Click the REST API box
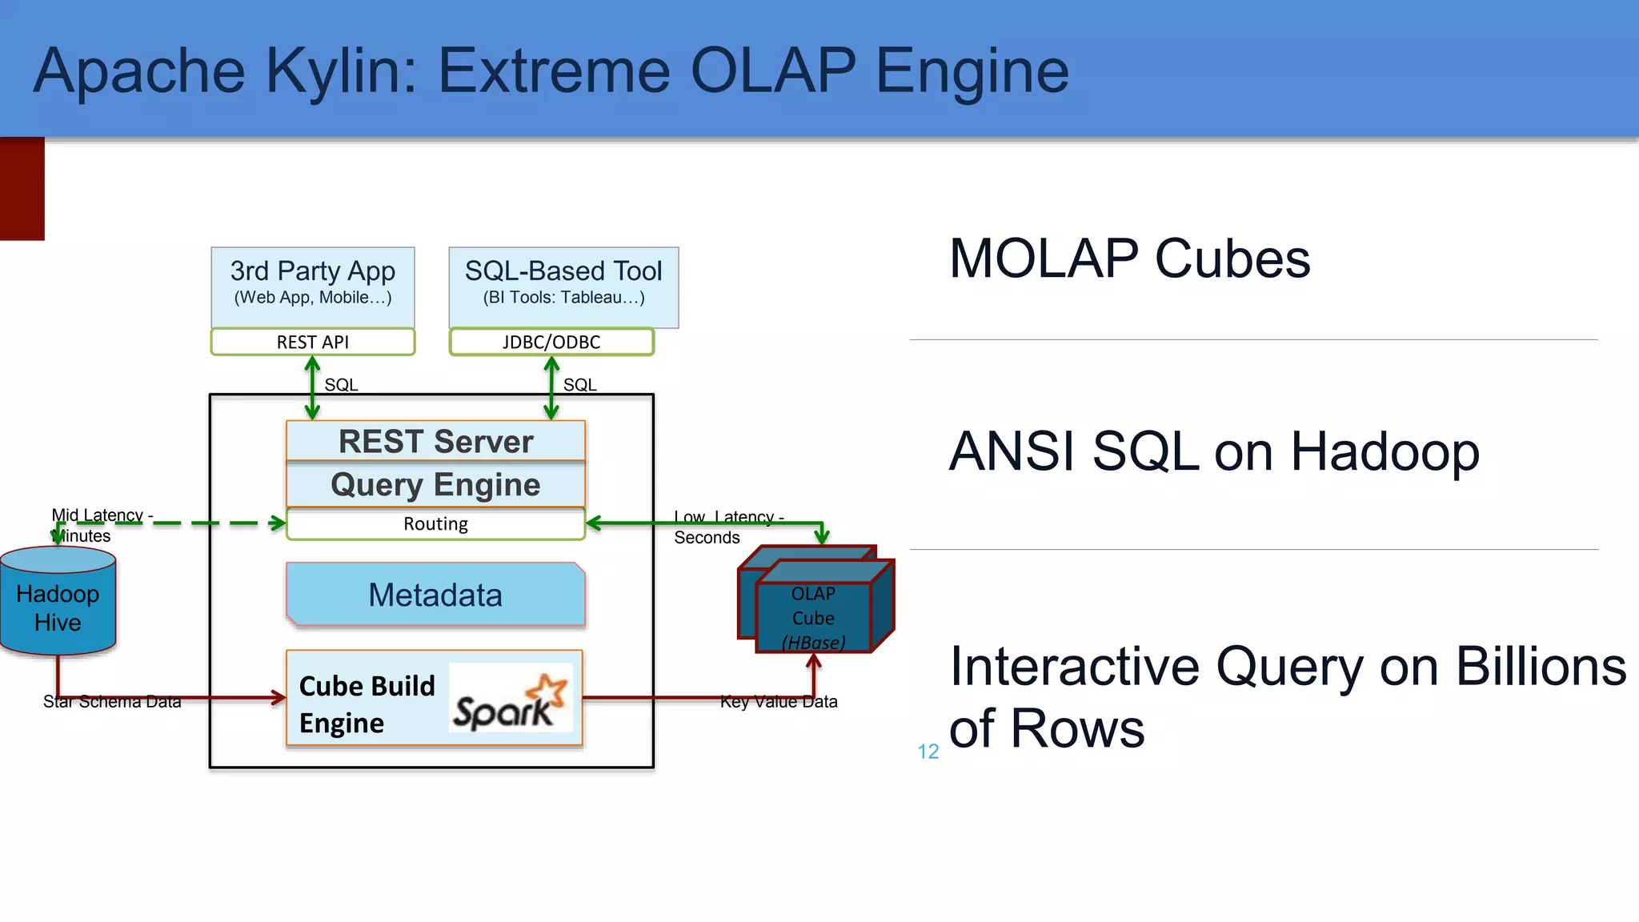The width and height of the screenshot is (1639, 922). click(x=313, y=342)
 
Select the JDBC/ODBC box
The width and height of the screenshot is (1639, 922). click(x=551, y=342)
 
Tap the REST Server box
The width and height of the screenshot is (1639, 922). click(x=435, y=441)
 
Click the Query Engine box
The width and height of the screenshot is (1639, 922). click(x=435, y=485)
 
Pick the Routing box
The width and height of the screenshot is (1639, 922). click(x=435, y=524)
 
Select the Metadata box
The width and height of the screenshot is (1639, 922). click(x=435, y=595)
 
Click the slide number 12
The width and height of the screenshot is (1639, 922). click(x=928, y=752)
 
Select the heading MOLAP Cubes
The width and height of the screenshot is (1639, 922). click(x=1129, y=259)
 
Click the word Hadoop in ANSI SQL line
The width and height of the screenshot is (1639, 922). click(x=1385, y=452)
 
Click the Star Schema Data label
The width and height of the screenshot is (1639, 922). click(x=112, y=702)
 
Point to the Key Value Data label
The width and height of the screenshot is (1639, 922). click(x=778, y=702)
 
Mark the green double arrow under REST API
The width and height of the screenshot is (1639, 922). click(x=312, y=388)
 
